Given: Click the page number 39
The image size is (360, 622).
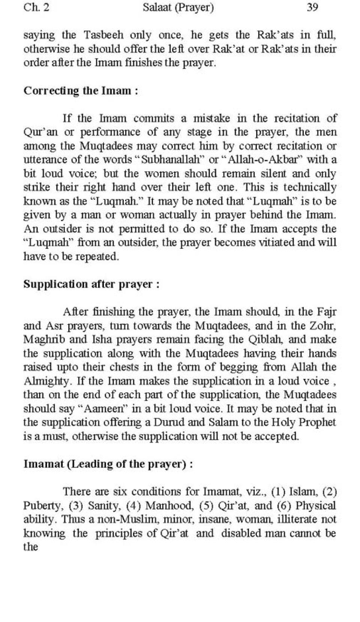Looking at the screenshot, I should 312,7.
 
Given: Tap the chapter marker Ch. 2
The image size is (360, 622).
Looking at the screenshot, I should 36,7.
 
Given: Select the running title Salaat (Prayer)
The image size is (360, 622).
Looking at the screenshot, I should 178,7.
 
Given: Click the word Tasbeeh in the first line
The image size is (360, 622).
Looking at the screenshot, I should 103,35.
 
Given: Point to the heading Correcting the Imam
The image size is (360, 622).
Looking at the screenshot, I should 81,91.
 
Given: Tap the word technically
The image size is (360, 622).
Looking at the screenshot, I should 310,187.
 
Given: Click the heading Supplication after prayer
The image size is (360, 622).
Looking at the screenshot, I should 91,284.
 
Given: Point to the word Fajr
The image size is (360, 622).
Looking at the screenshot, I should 327,312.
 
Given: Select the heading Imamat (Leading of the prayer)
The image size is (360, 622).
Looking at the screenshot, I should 108,464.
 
